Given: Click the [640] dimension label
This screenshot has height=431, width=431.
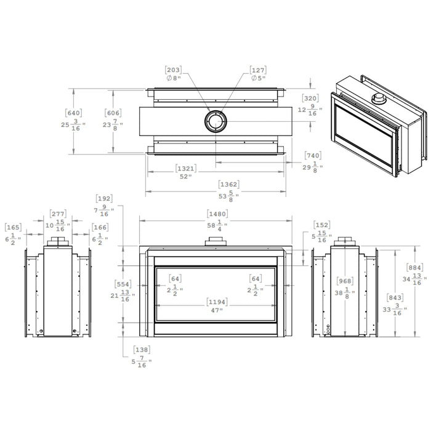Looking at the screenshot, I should [x=74, y=113].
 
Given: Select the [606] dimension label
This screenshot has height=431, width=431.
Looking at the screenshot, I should [x=113, y=113].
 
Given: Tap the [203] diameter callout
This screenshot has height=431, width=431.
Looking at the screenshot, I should [x=173, y=70].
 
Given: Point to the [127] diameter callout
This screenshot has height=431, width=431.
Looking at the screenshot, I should [x=258, y=70].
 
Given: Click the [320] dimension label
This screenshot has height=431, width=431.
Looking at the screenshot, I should [x=310, y=98].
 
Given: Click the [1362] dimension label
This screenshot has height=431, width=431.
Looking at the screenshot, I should [x=229, y=184].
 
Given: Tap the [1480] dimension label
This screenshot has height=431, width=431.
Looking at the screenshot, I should [x=218, y=214].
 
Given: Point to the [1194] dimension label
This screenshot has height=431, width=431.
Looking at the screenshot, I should [x=216, y=302].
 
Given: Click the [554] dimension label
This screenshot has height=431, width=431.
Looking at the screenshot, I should [x=124, y=284].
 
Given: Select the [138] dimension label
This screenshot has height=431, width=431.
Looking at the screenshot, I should [x=141, y=349].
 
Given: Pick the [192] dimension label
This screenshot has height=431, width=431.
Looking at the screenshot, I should [x=105, y=199].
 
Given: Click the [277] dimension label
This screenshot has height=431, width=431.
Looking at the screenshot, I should [x=58, y=214].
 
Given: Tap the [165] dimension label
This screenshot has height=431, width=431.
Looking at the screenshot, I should [x=13, y=228].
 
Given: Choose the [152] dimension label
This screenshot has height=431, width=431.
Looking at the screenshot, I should [x=322, y=225].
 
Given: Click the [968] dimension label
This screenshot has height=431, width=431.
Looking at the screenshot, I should [x=345, y=281].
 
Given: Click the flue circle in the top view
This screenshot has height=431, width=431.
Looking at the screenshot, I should [x=216, y=121].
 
